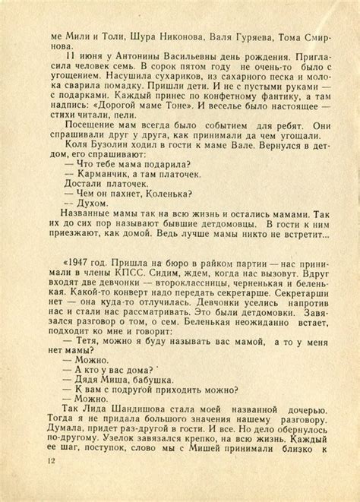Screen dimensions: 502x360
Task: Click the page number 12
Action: click(51, 462)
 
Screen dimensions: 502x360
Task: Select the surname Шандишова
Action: click(146, 447)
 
